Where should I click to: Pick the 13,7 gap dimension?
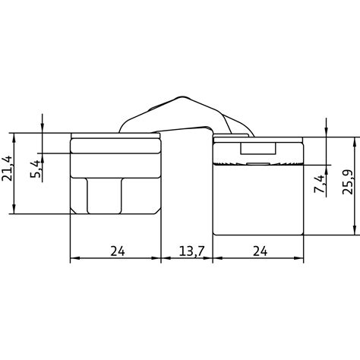pos(187,251)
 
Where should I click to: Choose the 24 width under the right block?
pos(257,251)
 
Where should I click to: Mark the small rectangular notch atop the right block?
pos(257,149)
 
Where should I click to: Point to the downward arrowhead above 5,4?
pos(43,129)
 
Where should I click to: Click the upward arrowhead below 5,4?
pos(43,158)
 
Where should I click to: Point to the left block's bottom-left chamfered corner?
pos(74,210)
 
